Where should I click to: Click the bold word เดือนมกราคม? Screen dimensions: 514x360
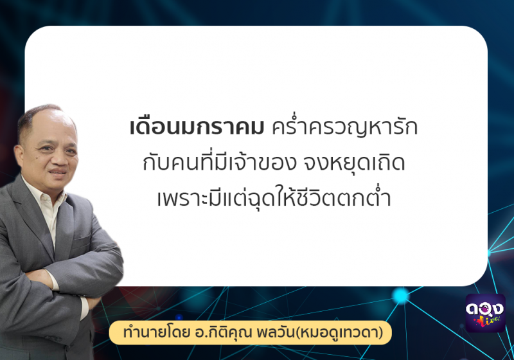[197, 127]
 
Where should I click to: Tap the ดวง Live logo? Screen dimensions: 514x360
[486, 313]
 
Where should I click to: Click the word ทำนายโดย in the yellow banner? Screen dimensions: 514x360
[156, 332]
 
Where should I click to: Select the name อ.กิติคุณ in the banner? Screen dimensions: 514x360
[223, 332]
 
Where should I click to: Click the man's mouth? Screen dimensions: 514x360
[59, 173]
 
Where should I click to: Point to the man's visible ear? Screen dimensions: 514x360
[19, 154]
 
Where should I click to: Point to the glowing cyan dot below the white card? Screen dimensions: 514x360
[400, 296]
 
